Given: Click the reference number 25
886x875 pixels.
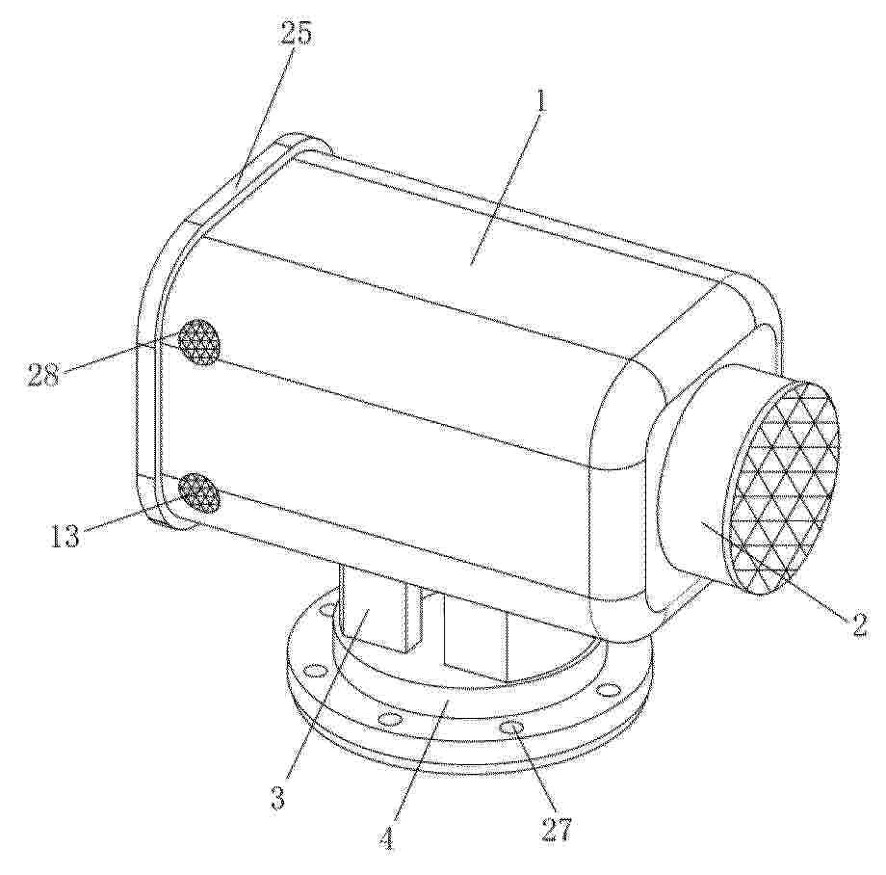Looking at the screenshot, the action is tap(296, 34).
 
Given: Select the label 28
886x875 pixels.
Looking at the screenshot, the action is tap(44, 374).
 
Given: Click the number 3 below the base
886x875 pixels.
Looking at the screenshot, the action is tap(277, 799).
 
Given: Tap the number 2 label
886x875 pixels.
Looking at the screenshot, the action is tap(859, 624).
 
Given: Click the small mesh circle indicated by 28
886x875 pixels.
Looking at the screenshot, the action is tap(198, 341).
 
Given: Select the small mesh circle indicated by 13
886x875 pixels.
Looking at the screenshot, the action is tap(199, 492).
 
